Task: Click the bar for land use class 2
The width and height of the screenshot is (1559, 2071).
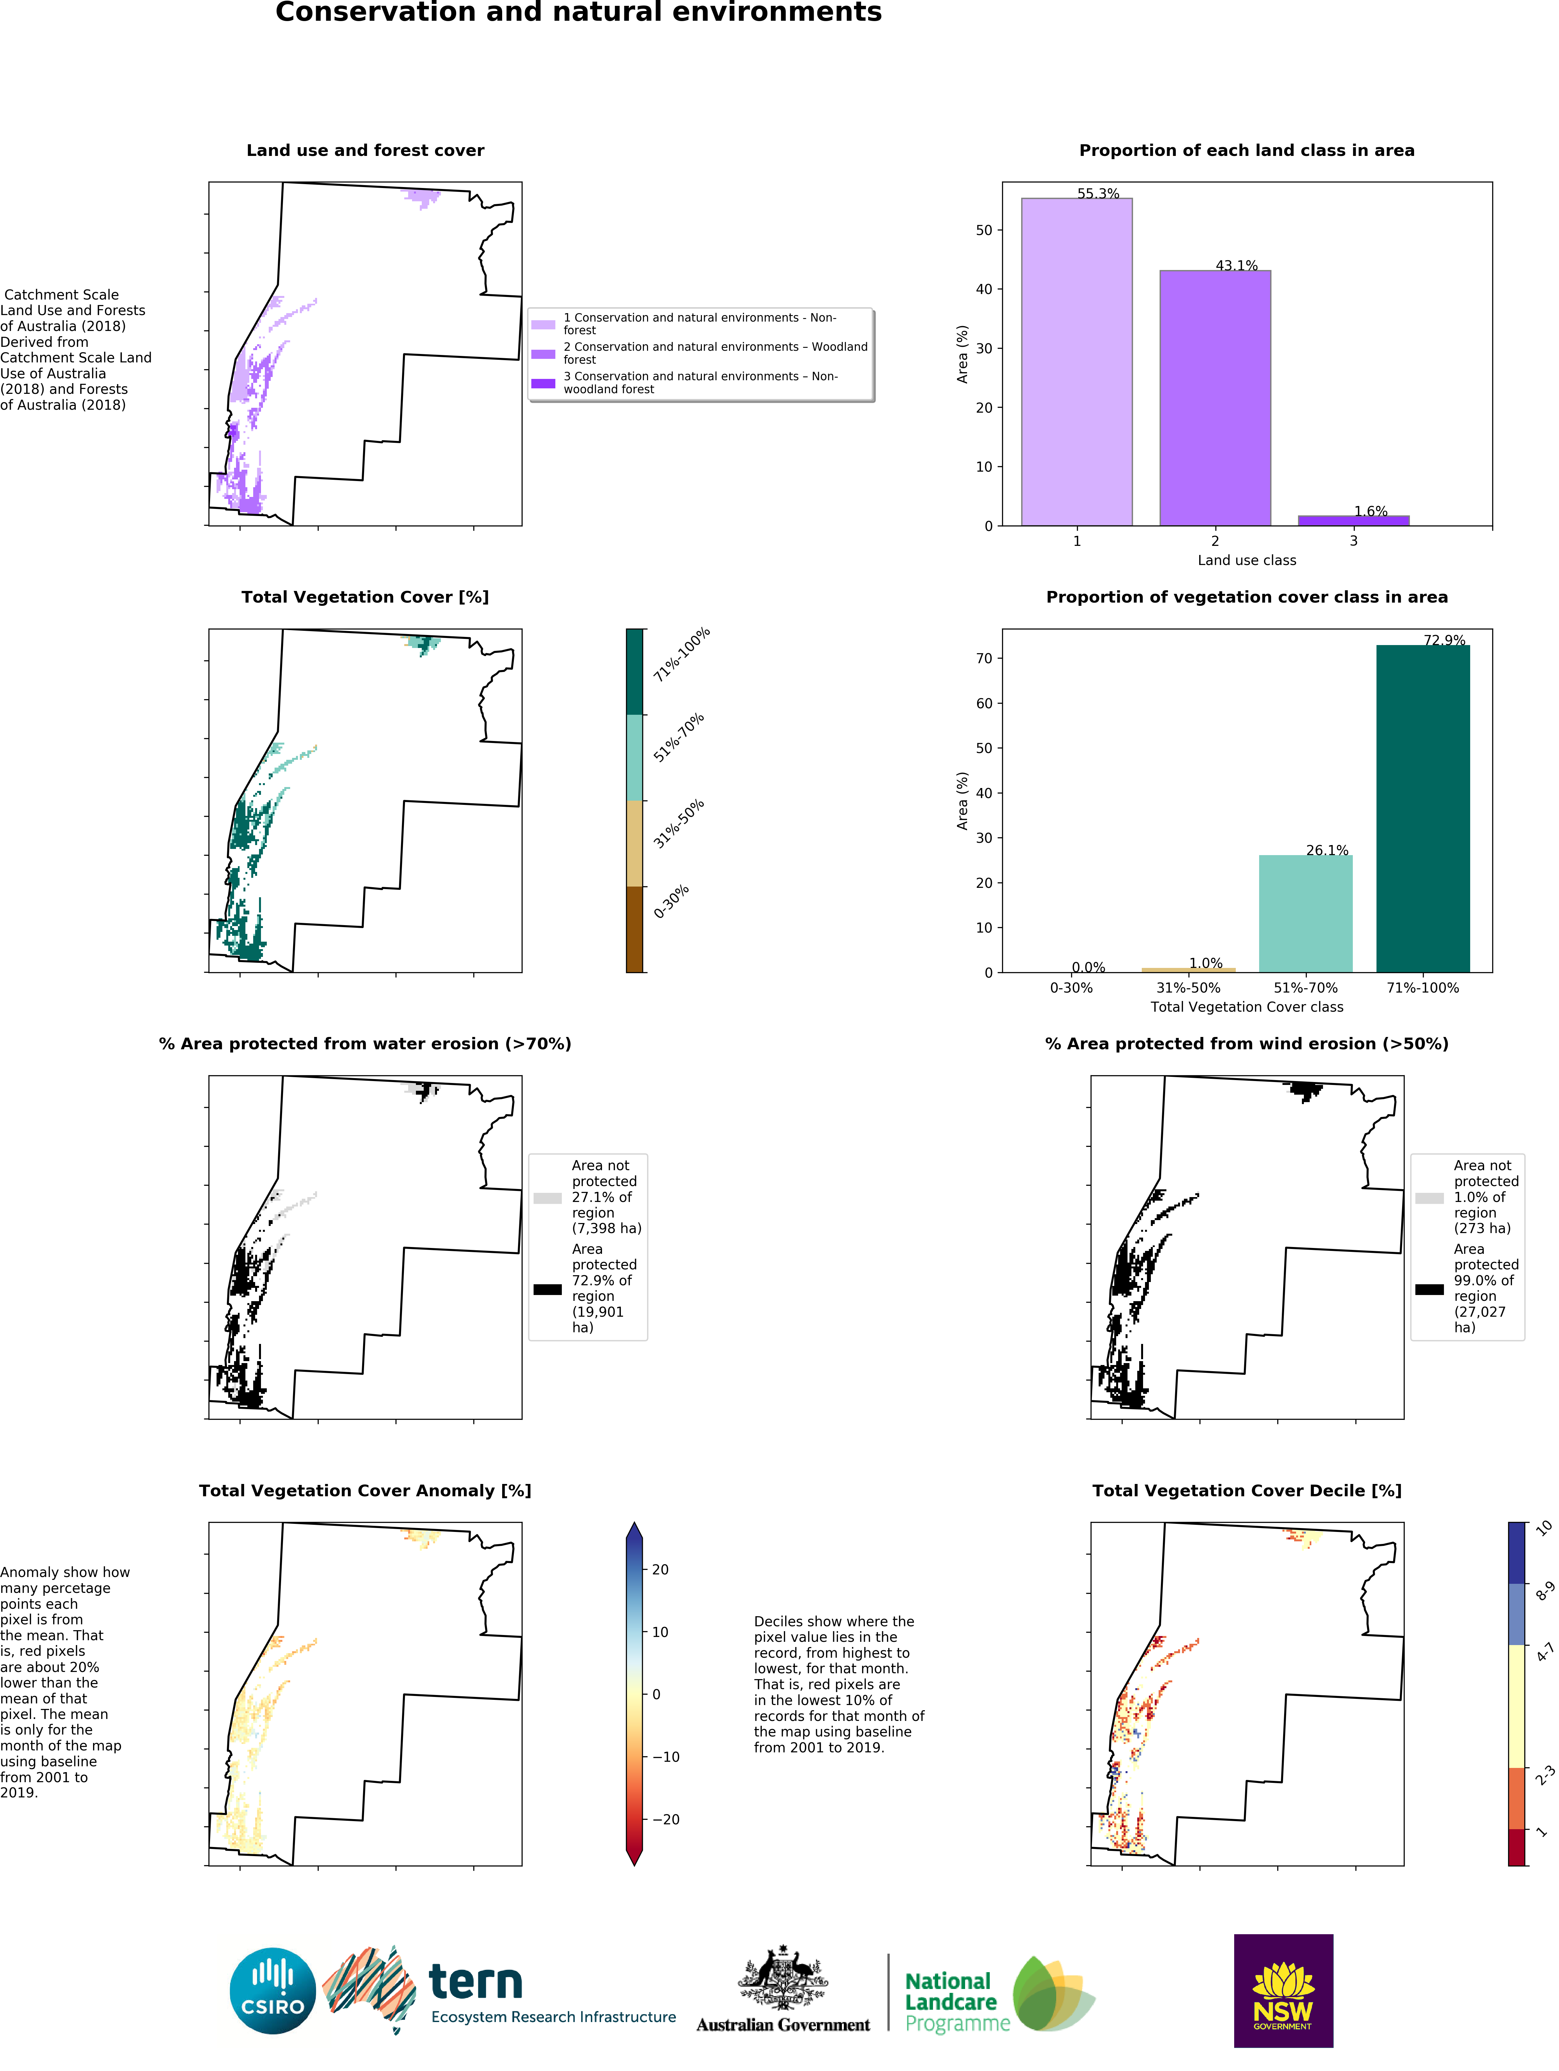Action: pyautogui.click(x=1214, y=398)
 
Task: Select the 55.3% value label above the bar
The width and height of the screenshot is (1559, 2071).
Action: pyautogui.click(x=1097, y=194)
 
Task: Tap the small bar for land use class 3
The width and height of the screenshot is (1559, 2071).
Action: pyautogui.click(x=1353, y=521)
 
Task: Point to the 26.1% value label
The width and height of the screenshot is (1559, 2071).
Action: pyautogui.click(x=1327, y=850)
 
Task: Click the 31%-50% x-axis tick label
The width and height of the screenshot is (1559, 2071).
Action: pyautogui.click(x=1188, y=988)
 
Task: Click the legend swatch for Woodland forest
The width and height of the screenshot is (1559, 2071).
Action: pyautogui.click(x=543, y=354)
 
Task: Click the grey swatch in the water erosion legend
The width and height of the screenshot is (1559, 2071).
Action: pyautogui.click(x=547, y=1197)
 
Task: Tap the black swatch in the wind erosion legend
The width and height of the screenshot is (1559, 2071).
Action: pyautogui.click(x=1429, y=1289)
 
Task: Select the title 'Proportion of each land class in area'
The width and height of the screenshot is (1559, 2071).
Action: pyautogui.click(x=1246, y=151)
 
